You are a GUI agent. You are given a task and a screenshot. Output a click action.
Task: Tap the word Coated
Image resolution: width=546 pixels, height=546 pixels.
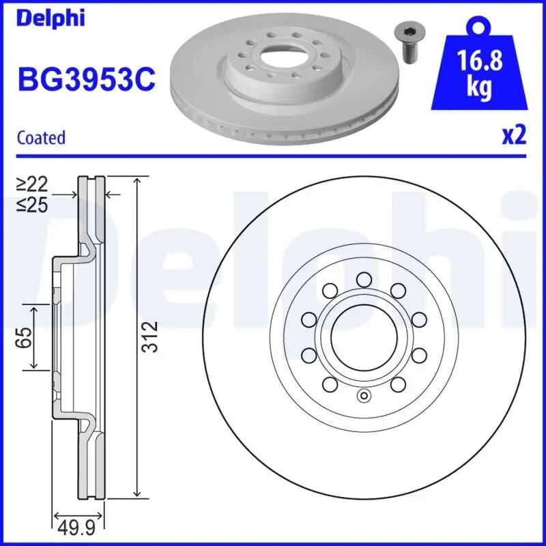pos(41,137)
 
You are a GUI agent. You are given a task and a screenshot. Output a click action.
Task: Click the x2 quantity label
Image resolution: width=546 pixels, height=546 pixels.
pos(514,136)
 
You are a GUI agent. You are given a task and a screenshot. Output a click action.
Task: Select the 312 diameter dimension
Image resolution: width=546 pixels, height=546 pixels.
pos(152,336)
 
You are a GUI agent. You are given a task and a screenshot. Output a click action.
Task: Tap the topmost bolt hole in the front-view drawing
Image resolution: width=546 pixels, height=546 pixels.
pos(363,278)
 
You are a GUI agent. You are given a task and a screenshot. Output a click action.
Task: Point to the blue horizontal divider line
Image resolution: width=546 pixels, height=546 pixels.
pos(273,156)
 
